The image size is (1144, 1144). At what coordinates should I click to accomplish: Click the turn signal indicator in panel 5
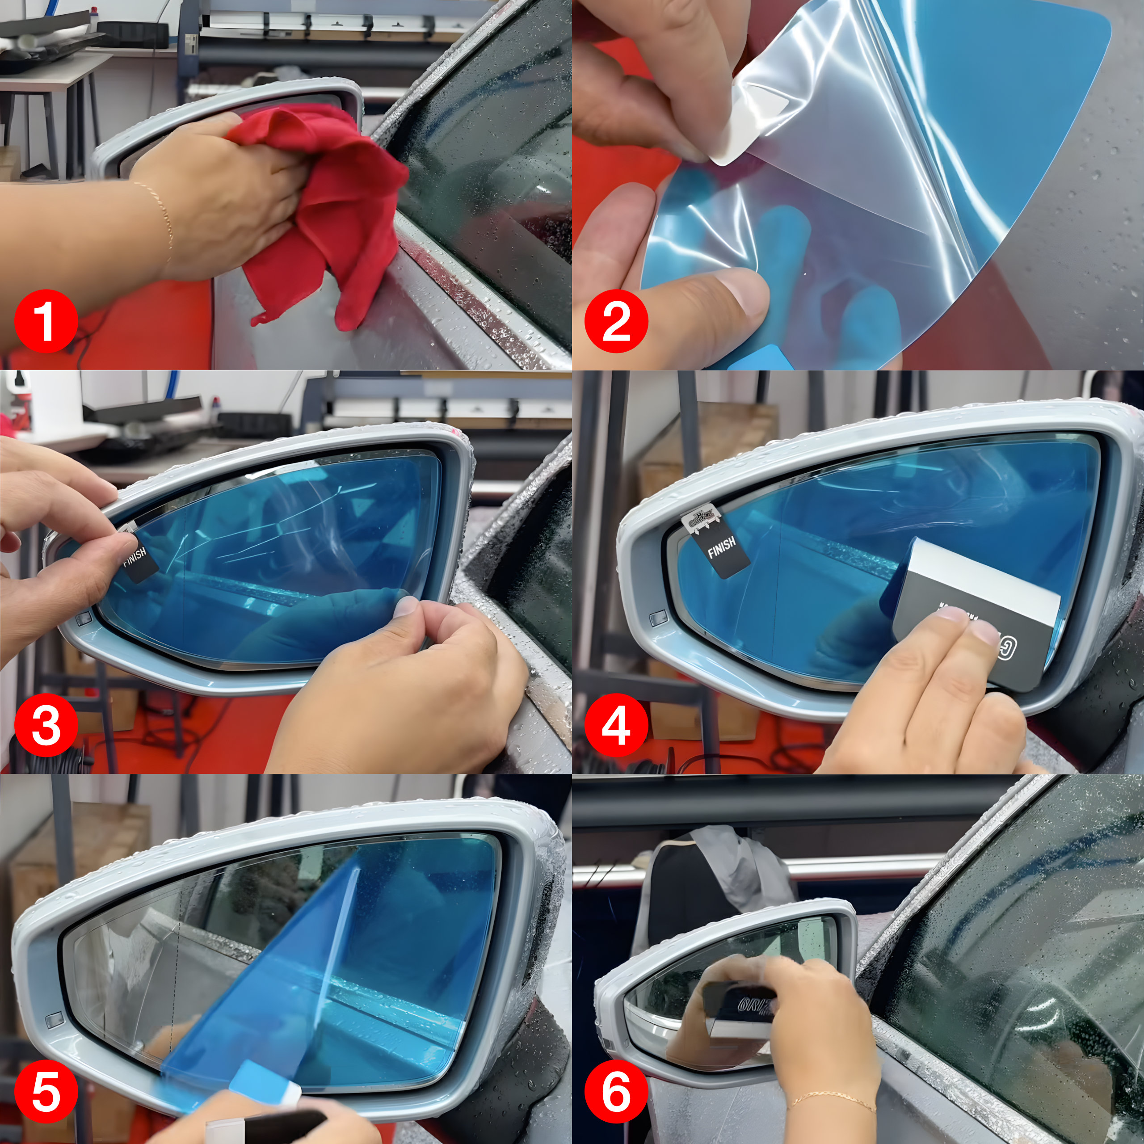55,1020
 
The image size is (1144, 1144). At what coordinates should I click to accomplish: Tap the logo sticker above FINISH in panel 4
701,521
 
